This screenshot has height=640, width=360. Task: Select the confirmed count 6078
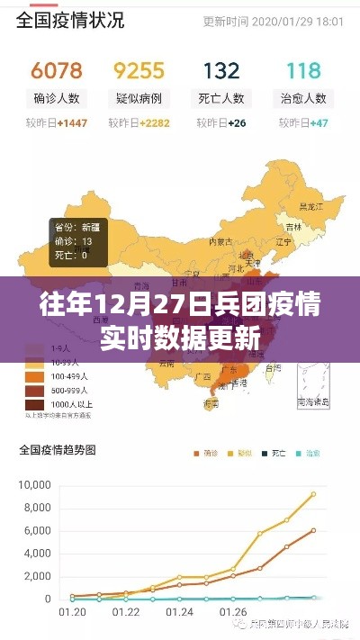[x=57, y=70]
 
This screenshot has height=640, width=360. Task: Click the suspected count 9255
[x=139, y=70]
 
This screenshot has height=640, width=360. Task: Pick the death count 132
[x=221, y=70]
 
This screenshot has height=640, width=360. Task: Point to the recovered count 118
[x=303, y=70]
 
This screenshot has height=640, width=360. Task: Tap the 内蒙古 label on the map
[x=221, y=241]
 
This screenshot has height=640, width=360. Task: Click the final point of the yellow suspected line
[x=314, y=493]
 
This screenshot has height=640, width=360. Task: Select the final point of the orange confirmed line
[x=314, y=530]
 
